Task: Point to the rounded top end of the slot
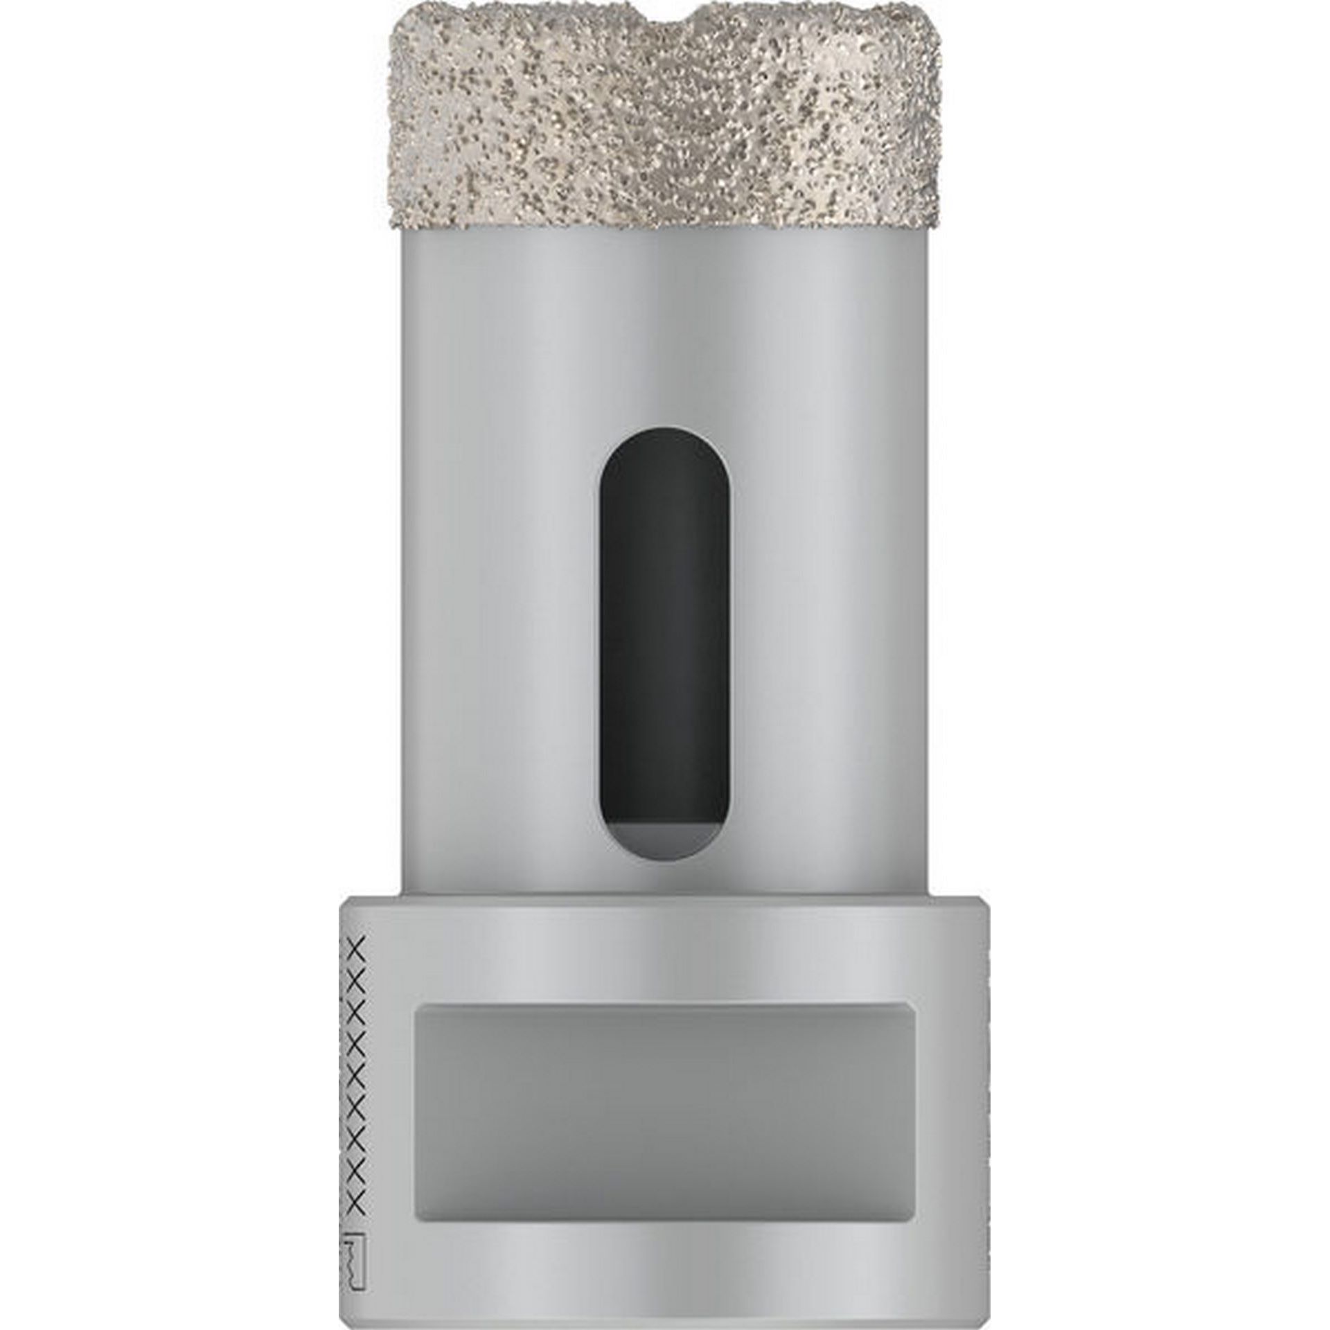tap(663, 443)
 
